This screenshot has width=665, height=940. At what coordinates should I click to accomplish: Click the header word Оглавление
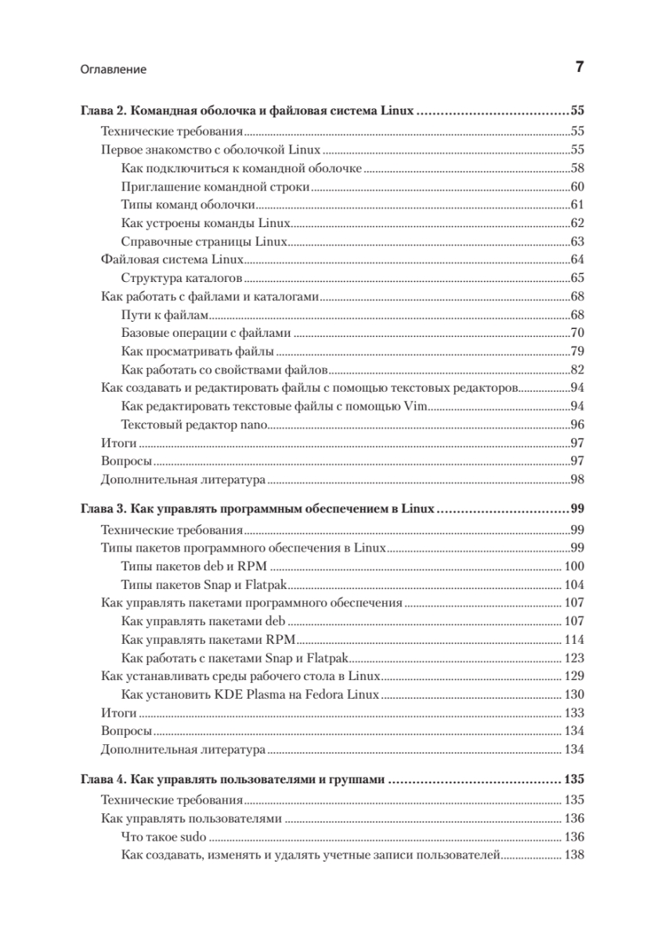coord(114,69)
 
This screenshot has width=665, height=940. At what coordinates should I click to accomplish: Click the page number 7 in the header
coord(579,67)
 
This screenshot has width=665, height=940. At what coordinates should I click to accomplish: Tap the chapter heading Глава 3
coord(258,508)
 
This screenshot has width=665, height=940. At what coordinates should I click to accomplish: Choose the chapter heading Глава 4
coord(234,780)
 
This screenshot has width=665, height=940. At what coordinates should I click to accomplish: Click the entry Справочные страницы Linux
coord(205,241)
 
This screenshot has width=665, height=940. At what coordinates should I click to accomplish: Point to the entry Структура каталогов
coord(185,278)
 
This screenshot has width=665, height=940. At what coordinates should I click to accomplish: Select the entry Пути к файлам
coord(167,315)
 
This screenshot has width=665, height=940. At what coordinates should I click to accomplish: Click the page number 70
coord(577,334)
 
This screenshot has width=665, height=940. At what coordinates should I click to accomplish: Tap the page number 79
coord(577,352)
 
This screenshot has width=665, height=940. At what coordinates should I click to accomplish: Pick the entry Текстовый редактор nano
coord(196,425)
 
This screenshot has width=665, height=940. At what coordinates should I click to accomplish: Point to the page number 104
coord(574,584)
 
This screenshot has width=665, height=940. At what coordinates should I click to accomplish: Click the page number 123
coord(574,657)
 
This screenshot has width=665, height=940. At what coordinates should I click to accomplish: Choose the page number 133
coord(574,713)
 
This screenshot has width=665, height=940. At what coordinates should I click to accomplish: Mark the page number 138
coord(574,855)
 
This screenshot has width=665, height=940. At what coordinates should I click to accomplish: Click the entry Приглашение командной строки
coord(216,186)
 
